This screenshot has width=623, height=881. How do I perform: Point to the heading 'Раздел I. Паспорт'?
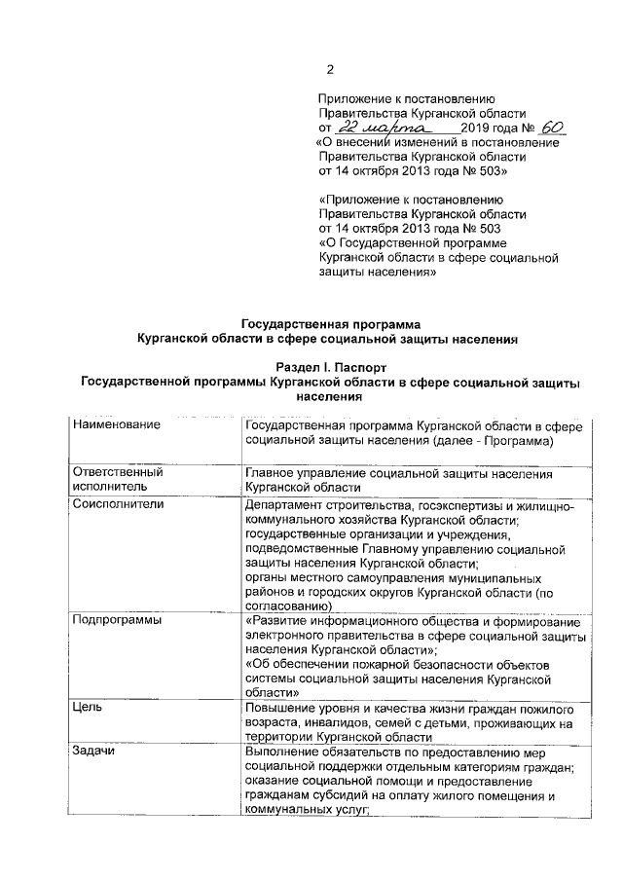(330, 369)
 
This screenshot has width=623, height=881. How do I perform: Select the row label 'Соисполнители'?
(119, 505)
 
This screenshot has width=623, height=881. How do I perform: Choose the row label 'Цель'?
(88, 708)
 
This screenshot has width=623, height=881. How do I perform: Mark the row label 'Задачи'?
(93, 753)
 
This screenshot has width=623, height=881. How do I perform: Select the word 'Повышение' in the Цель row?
(281, 708)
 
